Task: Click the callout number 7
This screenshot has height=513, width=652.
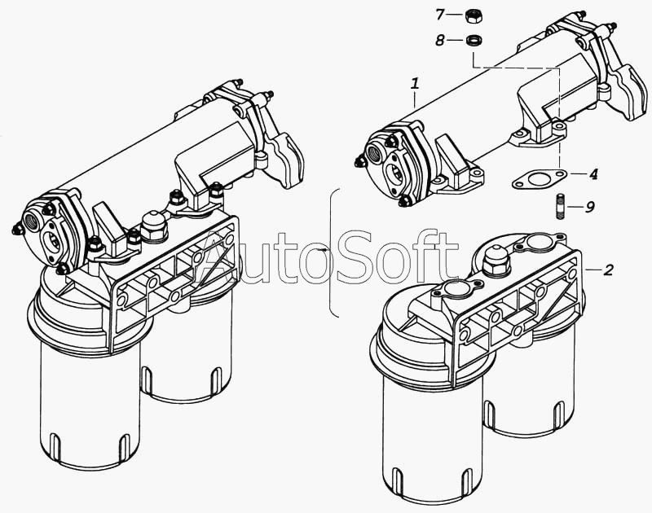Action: click(440, 15)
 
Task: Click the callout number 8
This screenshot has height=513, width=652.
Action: click(440, 41)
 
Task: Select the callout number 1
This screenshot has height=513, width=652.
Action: click(415, 85)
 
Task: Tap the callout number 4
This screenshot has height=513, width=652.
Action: click(594, 173)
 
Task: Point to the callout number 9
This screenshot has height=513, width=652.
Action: click(589, 207)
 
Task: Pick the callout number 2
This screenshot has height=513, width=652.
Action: click(608, 270)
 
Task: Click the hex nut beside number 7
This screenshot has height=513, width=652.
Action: click(472, 15)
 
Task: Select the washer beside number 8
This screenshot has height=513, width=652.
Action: click(473, 41)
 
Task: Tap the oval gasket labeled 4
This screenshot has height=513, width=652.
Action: click(539, 179)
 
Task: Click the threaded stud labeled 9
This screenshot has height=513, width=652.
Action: click(560, 206)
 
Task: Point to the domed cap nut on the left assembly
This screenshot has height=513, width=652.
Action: click(153, 227)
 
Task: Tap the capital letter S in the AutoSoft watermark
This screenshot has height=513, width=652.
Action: click(356, 257)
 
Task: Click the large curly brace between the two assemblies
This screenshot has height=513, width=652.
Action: click(332, 252)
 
